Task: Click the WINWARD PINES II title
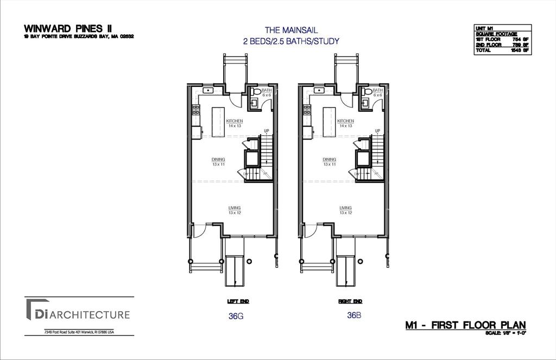tap(60, 28)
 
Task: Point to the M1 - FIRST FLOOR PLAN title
tap(465, 325)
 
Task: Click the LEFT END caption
tap(238, 301)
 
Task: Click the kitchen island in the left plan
tap(218, 122)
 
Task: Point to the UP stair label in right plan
tap(377, 131)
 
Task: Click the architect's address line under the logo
tap(79, 332)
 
